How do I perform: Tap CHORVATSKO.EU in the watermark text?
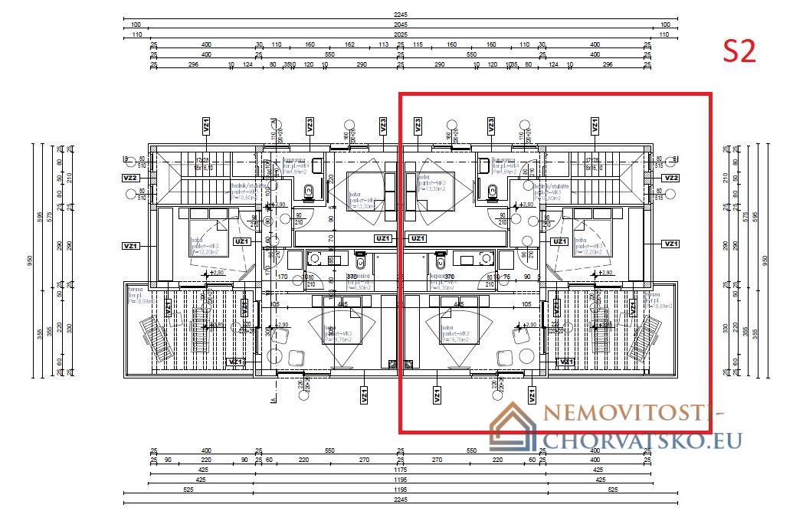coord(642,440)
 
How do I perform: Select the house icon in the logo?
coord(514,426)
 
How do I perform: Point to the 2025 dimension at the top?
coord(401,34)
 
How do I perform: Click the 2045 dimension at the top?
coord(401,25)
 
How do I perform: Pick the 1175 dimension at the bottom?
coord(401,470)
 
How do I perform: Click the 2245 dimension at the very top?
coord(401,15)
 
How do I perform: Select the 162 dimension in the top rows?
coord(349,44)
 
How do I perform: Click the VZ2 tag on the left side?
coord(130,178)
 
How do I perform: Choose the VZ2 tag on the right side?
coord(671,178)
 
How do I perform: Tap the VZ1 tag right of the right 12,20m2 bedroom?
coord(671,244)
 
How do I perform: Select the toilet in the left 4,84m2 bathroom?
coord(308,197)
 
